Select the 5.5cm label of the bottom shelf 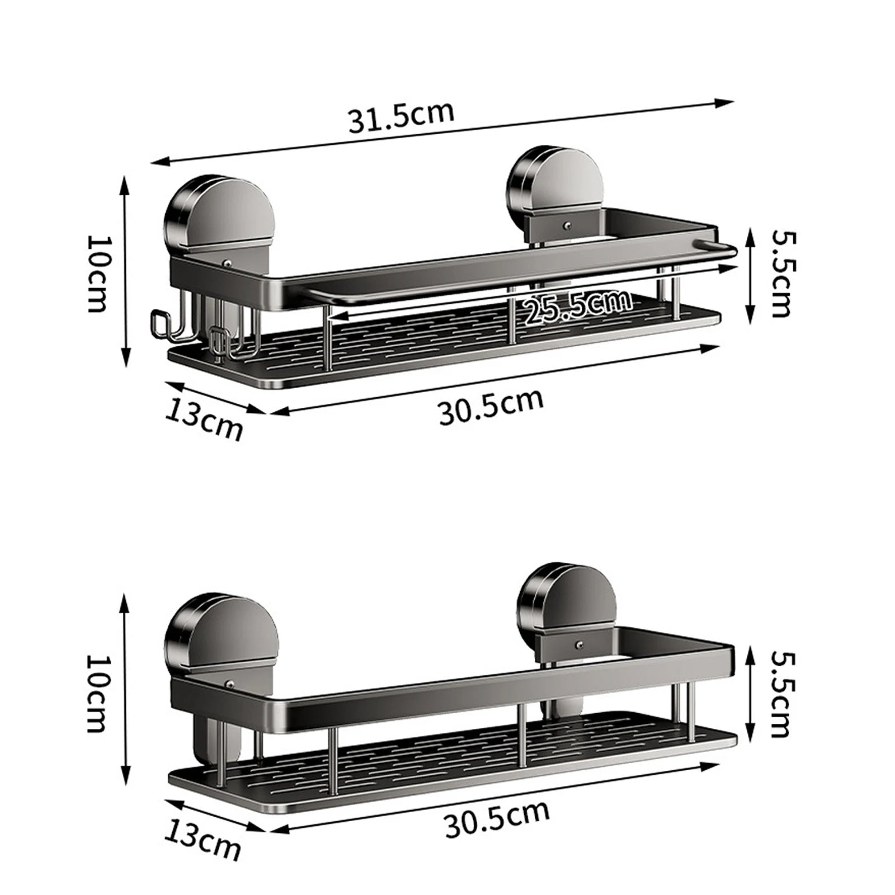[779, 694]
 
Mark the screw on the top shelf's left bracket [229, 261]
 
